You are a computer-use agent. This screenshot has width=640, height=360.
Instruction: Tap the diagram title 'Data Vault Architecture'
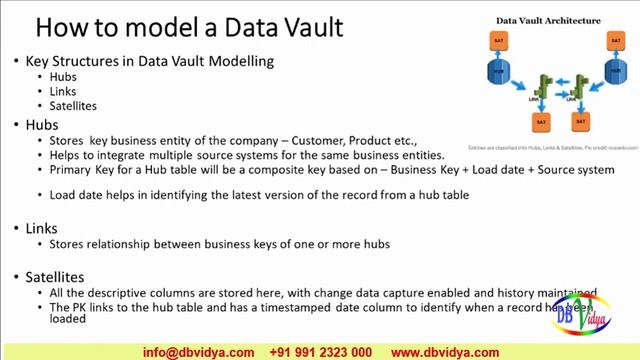547,19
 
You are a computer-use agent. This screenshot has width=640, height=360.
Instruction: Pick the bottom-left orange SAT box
539,122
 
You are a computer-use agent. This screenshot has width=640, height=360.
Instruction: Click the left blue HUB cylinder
501,75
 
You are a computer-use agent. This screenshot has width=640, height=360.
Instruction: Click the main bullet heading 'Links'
42,228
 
